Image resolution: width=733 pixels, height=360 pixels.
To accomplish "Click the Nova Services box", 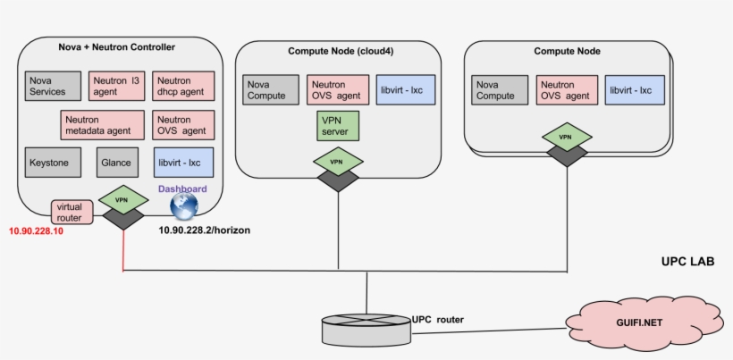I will pos(50,86).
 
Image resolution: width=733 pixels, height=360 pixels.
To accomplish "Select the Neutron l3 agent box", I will pos(116,86).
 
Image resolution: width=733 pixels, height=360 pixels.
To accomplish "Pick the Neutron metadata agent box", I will pos(103,124).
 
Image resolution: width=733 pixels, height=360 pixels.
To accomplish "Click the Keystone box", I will pos(50,163).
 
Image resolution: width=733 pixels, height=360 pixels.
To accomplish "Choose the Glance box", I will pos(116,163).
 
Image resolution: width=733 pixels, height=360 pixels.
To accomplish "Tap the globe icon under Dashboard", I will pos(183,207).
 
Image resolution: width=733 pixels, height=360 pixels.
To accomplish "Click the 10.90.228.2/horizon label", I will pos(204,230).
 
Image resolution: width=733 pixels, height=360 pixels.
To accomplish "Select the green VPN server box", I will pos(337,125).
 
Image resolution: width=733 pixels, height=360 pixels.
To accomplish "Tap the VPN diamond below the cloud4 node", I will pos(337,162).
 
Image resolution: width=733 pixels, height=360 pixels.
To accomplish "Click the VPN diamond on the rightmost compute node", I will pos(565,138).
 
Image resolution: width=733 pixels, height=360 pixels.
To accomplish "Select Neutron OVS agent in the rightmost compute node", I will pos(565,89).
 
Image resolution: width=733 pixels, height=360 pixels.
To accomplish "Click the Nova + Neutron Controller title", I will pos(116,47).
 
